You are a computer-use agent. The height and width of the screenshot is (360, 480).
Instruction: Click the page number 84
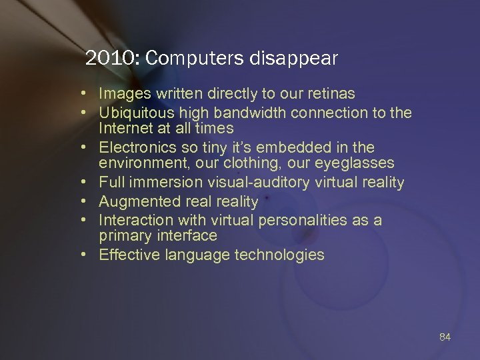coord(445,337)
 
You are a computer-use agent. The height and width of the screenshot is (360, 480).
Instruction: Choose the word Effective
coord(127,255)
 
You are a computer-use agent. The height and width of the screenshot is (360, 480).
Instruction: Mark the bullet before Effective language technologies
coord(87,255)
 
